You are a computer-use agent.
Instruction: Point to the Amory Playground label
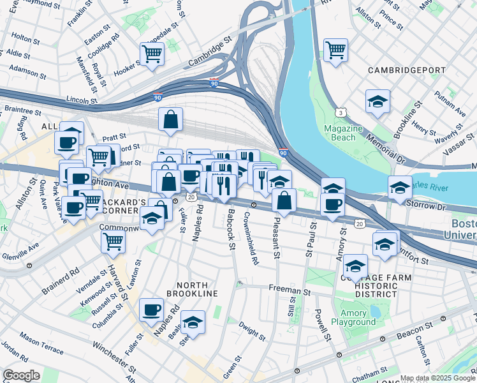357,318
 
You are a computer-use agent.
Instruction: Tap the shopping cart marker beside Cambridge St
152,54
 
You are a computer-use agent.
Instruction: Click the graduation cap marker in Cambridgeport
378,101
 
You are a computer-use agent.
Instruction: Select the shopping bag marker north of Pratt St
171,119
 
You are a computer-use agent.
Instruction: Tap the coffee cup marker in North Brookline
151,310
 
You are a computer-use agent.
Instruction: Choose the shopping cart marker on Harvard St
113,241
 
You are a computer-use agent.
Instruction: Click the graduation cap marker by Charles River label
400,188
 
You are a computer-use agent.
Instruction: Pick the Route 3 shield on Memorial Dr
342,113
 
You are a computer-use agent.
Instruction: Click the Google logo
21,375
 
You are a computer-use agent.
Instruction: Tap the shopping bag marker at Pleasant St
284,200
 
